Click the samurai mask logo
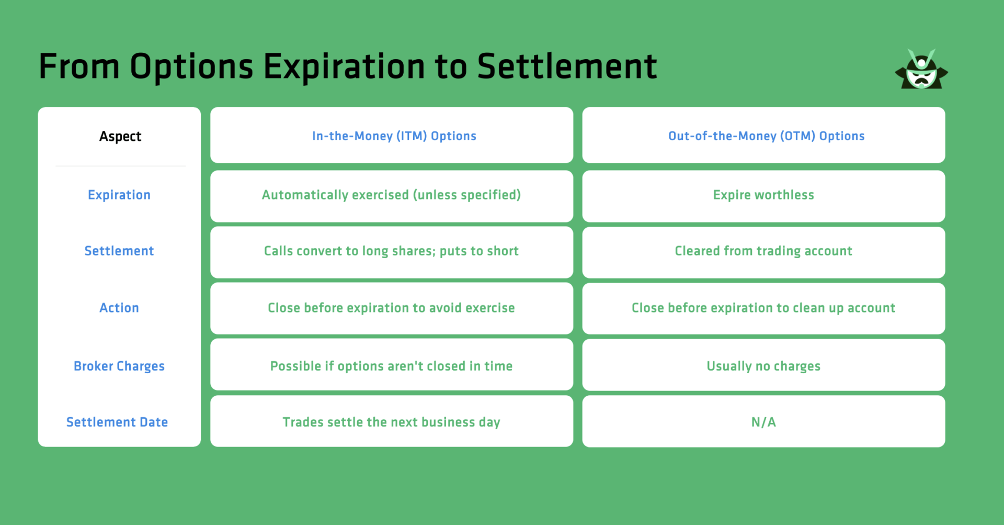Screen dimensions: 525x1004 coord(921,71)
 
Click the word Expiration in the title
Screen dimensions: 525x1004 coord(344,67)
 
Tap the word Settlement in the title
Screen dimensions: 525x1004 coord(567,67)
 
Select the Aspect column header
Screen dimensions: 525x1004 coord(120,137)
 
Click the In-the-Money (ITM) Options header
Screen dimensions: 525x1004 coord(394,136)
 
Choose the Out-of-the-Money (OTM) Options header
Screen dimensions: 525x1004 coord(766,136)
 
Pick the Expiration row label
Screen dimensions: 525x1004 coord(119,195)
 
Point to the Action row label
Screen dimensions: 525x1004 coord(119,308)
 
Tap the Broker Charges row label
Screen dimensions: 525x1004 coord(119,366)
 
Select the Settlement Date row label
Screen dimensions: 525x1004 coord(117,422)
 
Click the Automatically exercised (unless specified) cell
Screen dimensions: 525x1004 coord(391,195)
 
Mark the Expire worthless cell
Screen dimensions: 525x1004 coord(763,195)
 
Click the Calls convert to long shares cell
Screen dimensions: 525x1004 coord(391,251)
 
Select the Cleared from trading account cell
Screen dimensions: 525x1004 coord(763,251)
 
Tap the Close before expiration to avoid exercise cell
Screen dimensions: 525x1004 coord(391,308)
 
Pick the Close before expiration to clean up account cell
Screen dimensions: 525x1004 coord(763,308)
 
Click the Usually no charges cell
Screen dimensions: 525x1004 coord(763,366)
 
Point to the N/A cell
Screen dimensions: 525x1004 coord(763,422)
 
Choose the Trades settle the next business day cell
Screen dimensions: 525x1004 coord(391,422)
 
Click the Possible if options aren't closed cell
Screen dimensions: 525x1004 coord(391,366)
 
